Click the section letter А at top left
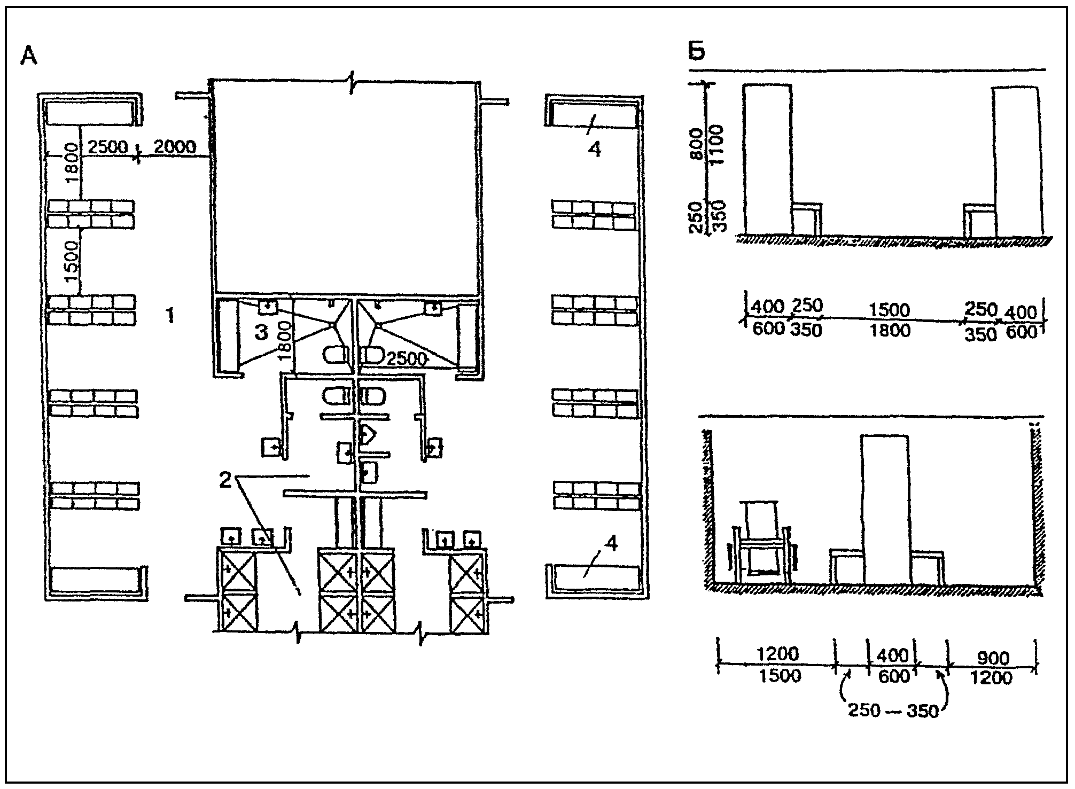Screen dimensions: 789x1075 click(x=29, y=56)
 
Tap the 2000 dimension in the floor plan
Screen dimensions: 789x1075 click(x=175, y=146)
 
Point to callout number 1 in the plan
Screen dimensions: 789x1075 click(x=170, y=317)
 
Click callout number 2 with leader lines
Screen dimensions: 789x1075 click(x=226, y=480)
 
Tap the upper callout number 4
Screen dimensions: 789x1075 click(x=594, y=150)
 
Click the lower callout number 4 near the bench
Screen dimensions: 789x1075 click(x=611, y=544)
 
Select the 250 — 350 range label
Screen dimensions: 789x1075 click(x=893, y=711)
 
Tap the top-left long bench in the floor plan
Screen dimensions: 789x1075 click(x=88, y=113)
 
